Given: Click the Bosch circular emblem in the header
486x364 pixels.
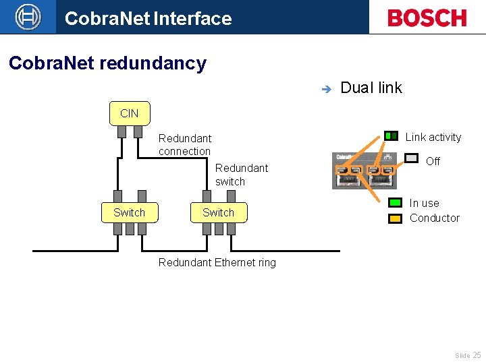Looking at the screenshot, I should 28,17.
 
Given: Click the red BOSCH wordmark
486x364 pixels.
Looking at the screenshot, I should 427,18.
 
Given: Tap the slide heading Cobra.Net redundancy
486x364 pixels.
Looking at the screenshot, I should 107,63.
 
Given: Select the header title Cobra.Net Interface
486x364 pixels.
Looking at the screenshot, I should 148,18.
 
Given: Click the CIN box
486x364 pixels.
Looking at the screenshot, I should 130,113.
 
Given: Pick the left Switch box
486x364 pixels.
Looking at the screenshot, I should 129,212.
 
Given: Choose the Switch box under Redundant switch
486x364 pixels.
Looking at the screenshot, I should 218,212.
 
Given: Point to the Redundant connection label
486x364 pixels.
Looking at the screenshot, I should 184,144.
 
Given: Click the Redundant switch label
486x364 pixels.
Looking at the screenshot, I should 241,175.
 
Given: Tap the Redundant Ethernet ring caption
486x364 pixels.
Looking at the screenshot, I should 217,262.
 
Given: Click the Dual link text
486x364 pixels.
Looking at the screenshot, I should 371,88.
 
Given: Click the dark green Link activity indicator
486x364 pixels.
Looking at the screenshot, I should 391,136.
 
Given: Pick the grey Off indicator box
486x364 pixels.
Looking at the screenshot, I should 411,158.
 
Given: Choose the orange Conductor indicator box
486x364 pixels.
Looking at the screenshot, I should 395,218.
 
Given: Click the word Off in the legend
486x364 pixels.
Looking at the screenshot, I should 433,161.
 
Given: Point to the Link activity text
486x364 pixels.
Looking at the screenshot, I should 433,137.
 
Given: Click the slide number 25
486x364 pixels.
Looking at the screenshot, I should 477,355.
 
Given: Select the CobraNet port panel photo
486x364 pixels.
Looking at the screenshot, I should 364,171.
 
